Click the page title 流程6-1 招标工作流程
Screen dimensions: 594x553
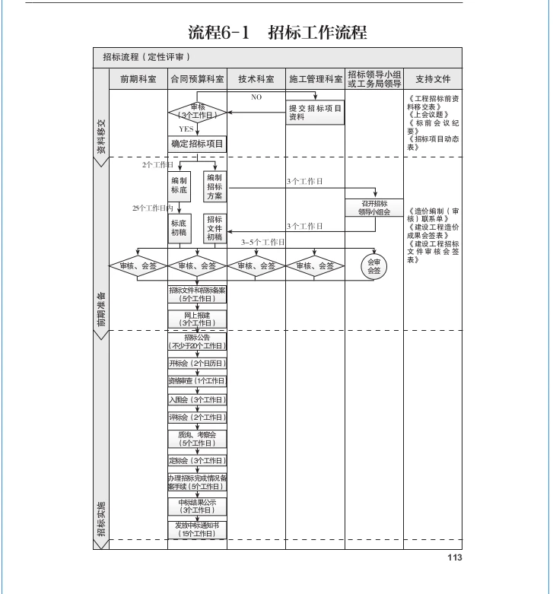277,33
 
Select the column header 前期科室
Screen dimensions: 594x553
138,79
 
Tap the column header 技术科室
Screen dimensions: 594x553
256,79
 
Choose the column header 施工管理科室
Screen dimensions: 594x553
316,79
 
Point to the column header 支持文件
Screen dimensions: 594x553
433,79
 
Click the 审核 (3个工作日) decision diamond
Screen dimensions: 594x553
198,112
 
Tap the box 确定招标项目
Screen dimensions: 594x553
198,144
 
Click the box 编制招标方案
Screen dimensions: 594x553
215,186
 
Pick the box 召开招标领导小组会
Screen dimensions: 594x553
374,208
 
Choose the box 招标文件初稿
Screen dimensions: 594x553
215,228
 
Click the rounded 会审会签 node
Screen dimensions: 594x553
374,266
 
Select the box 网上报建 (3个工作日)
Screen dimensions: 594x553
198,319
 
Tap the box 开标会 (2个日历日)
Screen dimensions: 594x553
198,364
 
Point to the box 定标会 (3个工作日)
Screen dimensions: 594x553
198,460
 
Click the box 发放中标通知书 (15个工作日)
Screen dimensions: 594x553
198,529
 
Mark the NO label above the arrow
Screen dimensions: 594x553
256,97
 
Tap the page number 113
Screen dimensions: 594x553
454,557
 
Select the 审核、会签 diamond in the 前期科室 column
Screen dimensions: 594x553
138,266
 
